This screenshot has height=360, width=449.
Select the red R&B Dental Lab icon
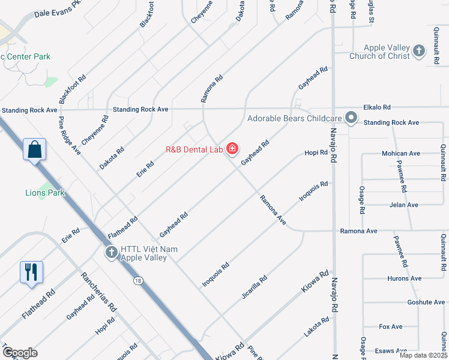tap(232, 149)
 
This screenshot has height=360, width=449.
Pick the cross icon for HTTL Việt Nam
tap(111, 253)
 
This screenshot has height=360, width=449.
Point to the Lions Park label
tap(45, 193)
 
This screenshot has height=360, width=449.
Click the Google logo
tap(19, 352)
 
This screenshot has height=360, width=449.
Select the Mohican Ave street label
tap(401, 154)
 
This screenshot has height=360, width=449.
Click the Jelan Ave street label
tap(404, 205)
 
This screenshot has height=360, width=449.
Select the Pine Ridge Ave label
tap(70, 136)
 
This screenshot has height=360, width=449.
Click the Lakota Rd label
tap(317, 328)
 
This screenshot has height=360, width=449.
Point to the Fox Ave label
tap(391, 326)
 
